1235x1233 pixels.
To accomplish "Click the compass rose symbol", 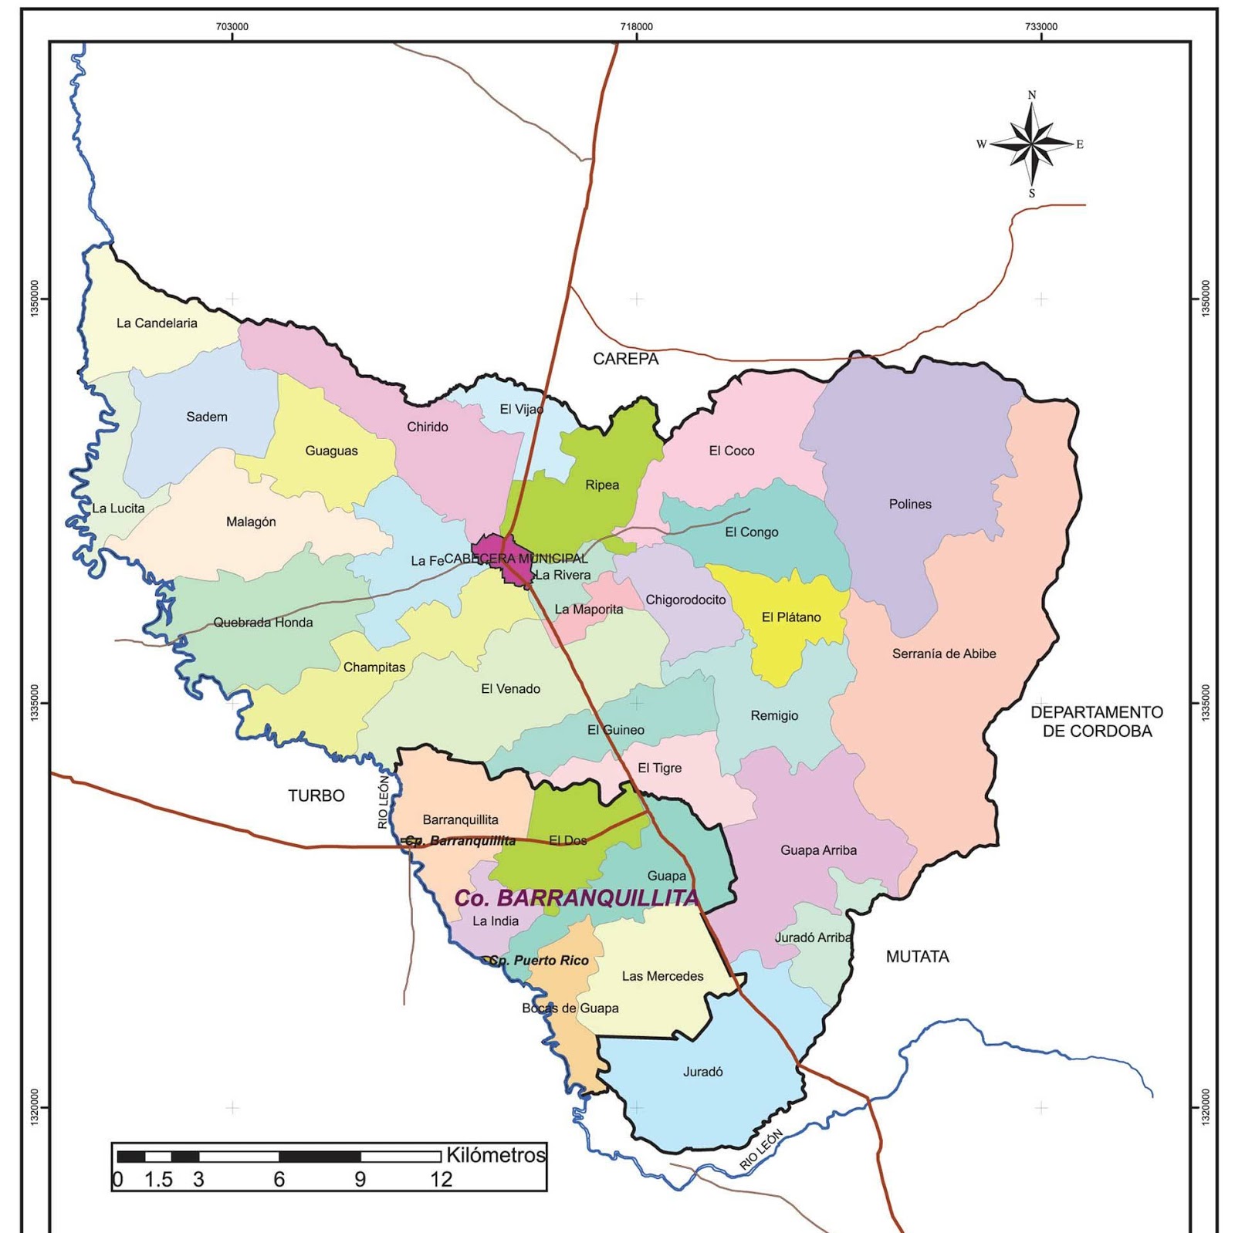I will click(x=1032, y=144).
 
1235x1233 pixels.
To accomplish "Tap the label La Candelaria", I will click(x=157, y=323).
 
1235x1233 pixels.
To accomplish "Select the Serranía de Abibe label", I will click(x=944, y=654).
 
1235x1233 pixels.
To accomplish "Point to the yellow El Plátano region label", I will click(x=791, y=617).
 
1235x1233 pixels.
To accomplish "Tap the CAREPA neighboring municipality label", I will click(x=626, y=359).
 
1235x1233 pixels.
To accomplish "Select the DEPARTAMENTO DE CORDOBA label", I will click(x=1097, y=721).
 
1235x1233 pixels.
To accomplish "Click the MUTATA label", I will click(x=917, y=957).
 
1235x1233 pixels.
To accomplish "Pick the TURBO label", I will click(x=316, y=796).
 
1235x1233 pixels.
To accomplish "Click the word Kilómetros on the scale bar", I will click(x=496, y=1155).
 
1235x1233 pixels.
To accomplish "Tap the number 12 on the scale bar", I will click(x=441, y=1180).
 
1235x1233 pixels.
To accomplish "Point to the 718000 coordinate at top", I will click(x=636, y=27).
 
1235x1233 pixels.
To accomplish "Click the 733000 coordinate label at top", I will click(x=1040, y=27).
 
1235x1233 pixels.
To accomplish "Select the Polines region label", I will click(x=910, y=505).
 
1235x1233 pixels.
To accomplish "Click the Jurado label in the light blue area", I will click(x=702, y=1072).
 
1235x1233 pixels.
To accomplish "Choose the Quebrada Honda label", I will click(x=263, y=623).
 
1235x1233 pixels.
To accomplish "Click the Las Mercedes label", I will click(x=662, y=976).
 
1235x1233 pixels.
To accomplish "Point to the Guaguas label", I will click(x=331, y=451).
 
